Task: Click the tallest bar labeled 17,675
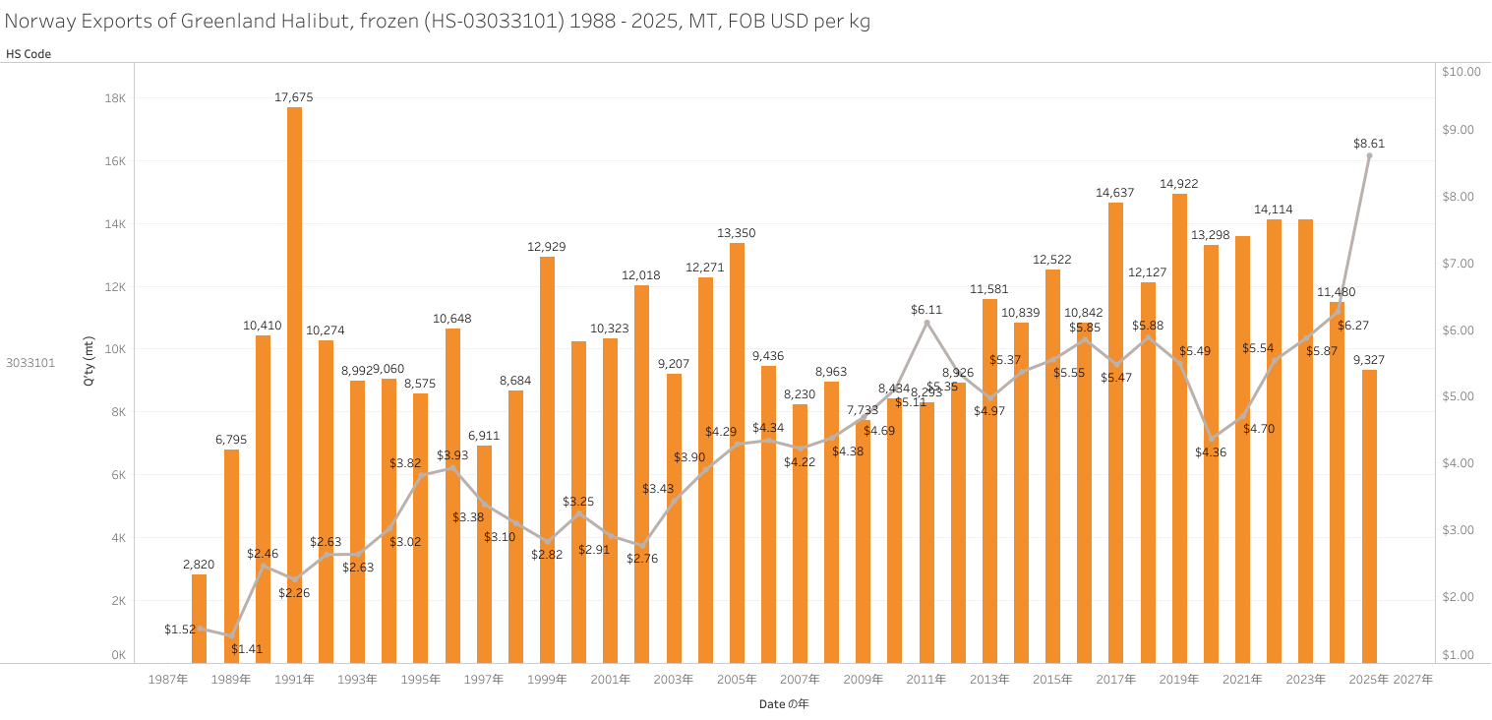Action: (x=294, y=384)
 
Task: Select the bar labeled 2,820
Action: (x=200, y=618)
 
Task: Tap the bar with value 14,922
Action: (x=1179, y=428)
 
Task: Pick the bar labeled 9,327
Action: (x=1369, y=515)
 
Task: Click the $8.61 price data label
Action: (x=1369, y=144)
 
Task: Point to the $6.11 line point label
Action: (x=926, y=310)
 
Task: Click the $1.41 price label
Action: (x=247, y=649)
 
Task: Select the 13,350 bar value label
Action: (x=737, y=233)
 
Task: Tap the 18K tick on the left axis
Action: (x=115, y=98)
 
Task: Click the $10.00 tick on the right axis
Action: (x=1461, y=72)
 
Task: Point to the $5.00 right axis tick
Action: (x=1457, y=396)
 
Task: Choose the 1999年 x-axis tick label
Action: (x=547, y=680)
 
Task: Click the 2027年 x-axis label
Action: (x=1413, y=680)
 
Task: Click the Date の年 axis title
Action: (x=784, y=704)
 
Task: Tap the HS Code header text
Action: (x=29, y=54)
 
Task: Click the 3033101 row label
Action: (x=30, y=363)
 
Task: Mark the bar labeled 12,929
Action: (x=547, y=459)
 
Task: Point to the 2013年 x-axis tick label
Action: (x=989, y=680)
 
